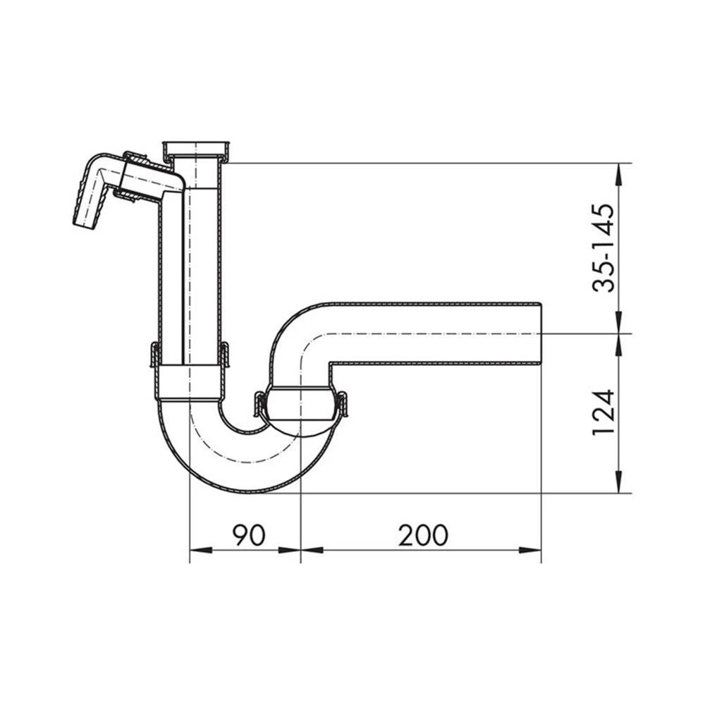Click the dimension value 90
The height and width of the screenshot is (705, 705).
249,536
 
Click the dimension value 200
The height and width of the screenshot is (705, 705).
423,536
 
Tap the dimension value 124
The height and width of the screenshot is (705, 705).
605,412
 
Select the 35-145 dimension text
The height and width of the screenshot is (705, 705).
605,247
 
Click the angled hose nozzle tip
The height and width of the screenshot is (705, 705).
85,220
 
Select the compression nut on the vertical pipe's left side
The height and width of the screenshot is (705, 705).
155,355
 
